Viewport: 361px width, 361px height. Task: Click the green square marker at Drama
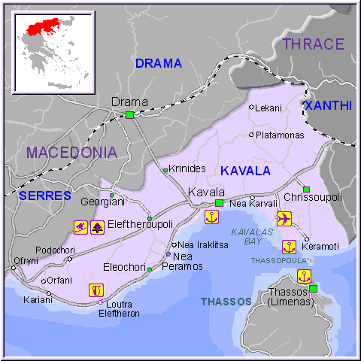129,115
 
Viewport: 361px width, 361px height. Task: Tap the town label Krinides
187,169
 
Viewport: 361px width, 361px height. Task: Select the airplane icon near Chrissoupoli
284,219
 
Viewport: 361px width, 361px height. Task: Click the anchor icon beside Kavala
212,217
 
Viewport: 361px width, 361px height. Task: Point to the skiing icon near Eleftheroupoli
80,226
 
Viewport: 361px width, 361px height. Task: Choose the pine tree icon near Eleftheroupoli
97,226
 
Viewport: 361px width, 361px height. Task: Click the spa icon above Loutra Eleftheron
96,289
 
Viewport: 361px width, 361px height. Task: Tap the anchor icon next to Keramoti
288,246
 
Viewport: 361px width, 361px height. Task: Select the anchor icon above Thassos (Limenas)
304,275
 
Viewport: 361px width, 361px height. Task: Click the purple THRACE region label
312,44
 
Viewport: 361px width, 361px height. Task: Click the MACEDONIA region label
71,153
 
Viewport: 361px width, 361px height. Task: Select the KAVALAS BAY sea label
253,236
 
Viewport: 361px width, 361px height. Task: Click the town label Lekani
268,108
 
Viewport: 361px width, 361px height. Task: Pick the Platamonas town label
280,135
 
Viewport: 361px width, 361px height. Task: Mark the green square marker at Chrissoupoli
306,189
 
